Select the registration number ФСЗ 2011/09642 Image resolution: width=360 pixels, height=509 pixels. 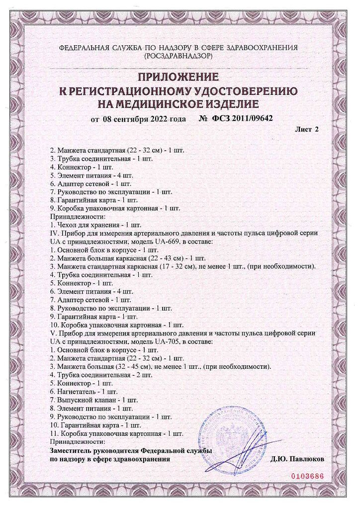243,119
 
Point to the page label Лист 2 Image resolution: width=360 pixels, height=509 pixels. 307,130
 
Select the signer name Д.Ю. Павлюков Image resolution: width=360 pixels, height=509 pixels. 297,459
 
